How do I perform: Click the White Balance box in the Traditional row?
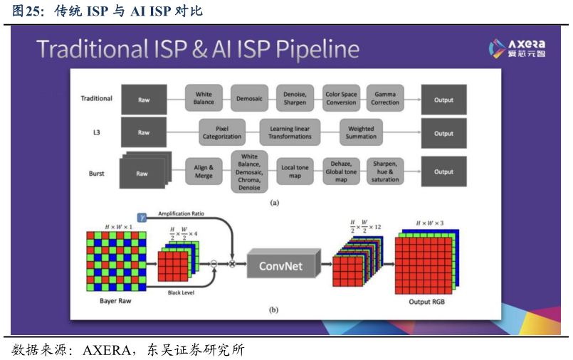click(204, 98)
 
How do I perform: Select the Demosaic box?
click(249, 98)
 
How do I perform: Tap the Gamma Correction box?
click(385, 98)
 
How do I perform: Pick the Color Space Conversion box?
click(341, 98)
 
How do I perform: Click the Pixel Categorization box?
click(222, 132)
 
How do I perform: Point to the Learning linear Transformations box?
click(290, 132)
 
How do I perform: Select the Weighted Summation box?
click(361, 132)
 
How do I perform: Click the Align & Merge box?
click(204, 171)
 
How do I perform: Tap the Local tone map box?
click(293, 171)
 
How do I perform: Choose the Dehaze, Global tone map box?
click(341, 171)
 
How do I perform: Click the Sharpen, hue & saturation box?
click(385, 171)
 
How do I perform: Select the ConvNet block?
click(280, 265)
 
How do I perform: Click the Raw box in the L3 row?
click(144, 132)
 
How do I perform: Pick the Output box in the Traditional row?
click(443, 100)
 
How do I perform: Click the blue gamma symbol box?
click(142, 216)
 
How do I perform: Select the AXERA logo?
click(517, 48)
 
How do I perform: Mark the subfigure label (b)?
click(274, 310)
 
